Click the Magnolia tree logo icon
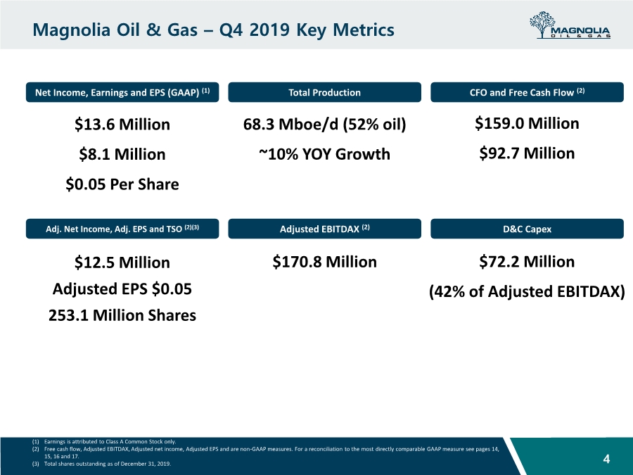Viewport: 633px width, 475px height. point(542,25)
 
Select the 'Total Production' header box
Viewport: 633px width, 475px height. point(324,92)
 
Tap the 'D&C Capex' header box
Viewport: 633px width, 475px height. point(527,229)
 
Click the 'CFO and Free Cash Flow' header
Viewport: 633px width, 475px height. point(527,92)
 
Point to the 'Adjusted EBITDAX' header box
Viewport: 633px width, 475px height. point(324,229)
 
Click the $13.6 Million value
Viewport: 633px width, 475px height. point(122,125)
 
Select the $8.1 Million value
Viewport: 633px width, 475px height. point(122,154)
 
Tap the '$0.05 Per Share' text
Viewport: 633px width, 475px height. point(122,184)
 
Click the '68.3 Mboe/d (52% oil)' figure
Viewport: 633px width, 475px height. point(324,125)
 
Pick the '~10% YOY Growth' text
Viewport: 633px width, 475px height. point(324,154)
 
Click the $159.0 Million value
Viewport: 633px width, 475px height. point(527,124)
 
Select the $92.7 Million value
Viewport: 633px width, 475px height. point(527,153)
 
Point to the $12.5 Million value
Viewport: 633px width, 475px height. point(122,262)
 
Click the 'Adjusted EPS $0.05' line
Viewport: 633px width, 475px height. point(122,289)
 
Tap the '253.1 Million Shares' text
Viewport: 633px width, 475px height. point(122,315)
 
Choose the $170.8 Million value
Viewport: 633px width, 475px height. point(324,262)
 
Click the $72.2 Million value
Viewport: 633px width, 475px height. point(527,262)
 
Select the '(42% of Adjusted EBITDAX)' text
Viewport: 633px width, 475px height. point(527,291)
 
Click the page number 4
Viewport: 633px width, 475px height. point(606,460)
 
